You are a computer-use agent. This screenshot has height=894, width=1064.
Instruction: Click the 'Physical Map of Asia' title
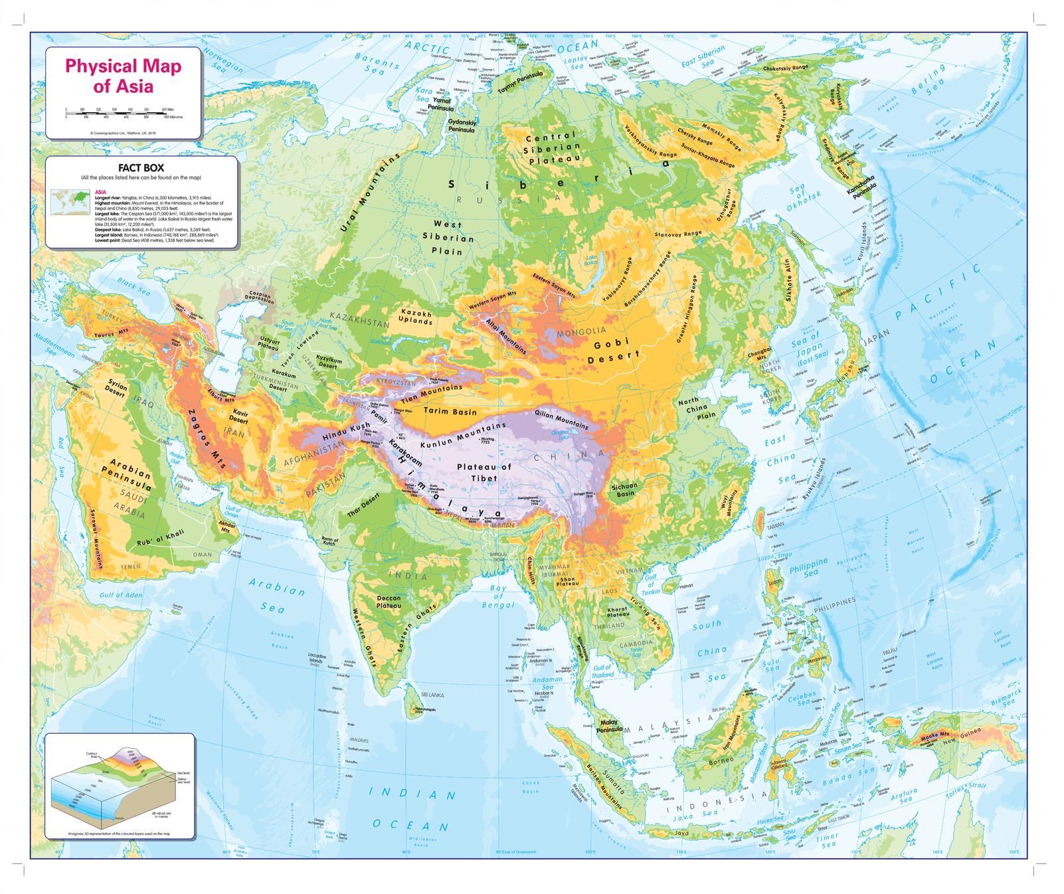[x=122, y=76]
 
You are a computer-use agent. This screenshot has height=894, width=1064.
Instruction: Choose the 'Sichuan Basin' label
[x=624, y=490]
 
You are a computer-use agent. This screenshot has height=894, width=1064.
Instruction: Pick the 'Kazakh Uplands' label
[x=416, y=317]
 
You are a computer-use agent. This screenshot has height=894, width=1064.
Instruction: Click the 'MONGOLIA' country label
[x=582, y=331]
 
